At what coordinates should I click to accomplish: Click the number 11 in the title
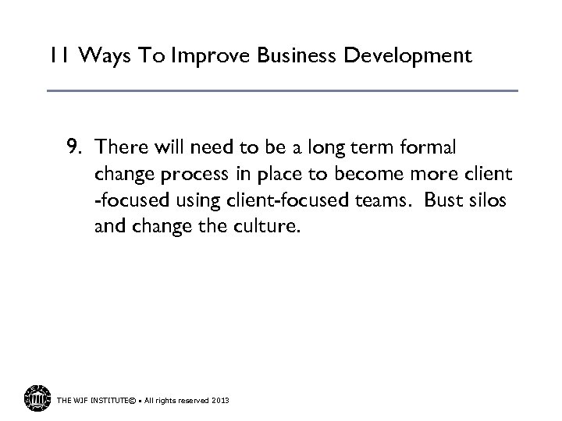(x=59, y=56)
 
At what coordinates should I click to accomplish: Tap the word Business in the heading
(x=284, y=56)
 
